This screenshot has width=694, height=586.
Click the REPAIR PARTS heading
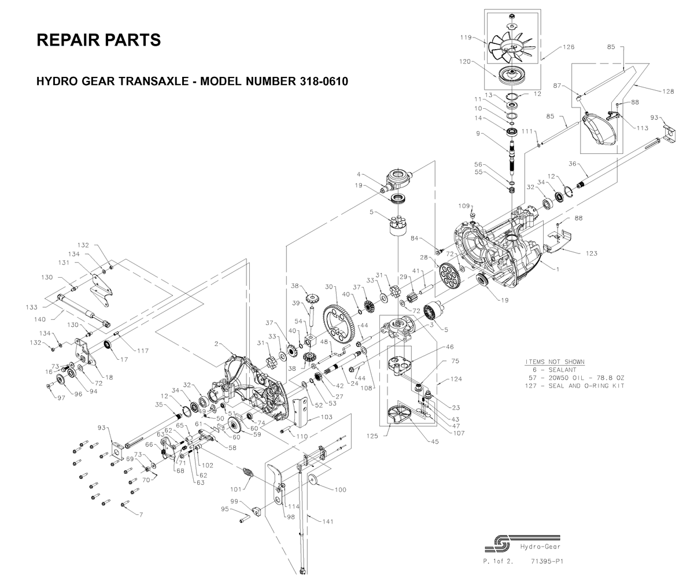(98, 40)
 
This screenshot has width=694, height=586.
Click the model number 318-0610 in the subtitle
(324, 81)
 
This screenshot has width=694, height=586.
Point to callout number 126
(569, 47)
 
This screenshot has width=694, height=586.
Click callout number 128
(668, 91)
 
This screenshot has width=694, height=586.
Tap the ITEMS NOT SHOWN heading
(555, 362)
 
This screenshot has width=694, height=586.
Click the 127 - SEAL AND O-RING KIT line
(575, 386)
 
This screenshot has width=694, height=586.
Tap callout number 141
(328, 521)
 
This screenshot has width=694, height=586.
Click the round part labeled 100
(313, 481)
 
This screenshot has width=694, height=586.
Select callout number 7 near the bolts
(141, 515)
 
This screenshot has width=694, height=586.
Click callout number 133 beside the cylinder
(32, 307)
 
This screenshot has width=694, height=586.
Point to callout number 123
(592, 253)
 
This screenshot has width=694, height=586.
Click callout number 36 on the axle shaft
(573, 164)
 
